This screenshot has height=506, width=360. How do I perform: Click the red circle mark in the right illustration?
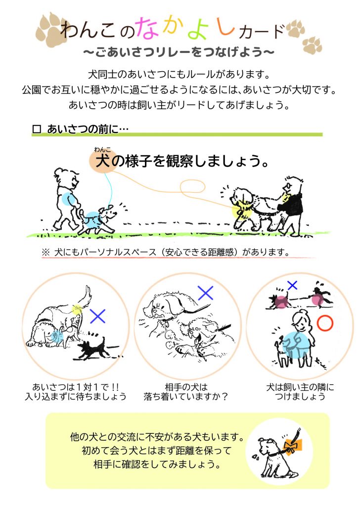pyautogui.click(x=324, y=323)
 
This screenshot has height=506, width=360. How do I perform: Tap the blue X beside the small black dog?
pyautogui.click(x=98, y=316)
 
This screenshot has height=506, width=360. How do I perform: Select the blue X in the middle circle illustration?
pyautogui.click(x=206, y=293)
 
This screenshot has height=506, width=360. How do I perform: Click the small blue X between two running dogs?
pyautogui.click(x=292, y=285)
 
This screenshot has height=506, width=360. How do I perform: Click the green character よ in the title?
pyautogui.click(x=199, y=29)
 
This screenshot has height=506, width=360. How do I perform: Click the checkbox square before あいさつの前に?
pyautogui.click(x=37, y=129)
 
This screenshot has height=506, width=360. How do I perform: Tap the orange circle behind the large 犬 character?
pyautogui.click(x=103, y=161)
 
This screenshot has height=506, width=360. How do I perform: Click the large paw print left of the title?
pyautogui.click(x=52, y=30)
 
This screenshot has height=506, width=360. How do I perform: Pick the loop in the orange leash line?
pyautogui.click(x=192, y=186)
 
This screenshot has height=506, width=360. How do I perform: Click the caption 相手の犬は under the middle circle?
pyautogui.click(x=186, y=386)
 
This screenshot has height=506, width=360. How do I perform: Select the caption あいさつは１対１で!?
pyautogui.click(x=76, y=386)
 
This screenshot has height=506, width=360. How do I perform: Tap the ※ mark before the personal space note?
pyautogui.click(x=45, y=253)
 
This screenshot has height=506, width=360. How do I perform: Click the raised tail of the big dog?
pyautogui.click(x=85, y=296)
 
